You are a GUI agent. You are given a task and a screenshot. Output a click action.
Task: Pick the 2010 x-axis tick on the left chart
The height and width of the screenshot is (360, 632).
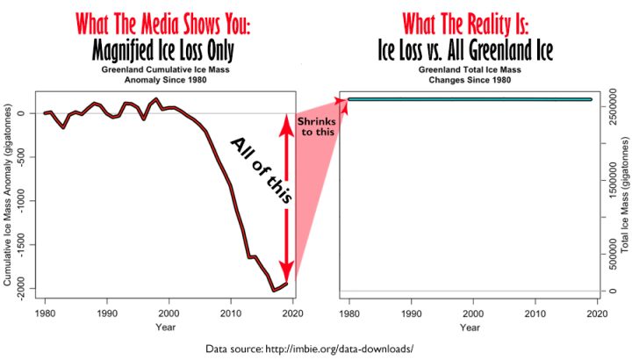[230, 313]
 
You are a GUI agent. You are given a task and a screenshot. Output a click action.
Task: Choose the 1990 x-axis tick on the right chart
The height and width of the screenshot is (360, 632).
[413, 313]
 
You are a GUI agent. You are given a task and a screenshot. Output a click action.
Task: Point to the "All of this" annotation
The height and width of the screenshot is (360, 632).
[261, 170]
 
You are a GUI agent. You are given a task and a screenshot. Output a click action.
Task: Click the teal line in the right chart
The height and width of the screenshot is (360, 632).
[470, 99]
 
